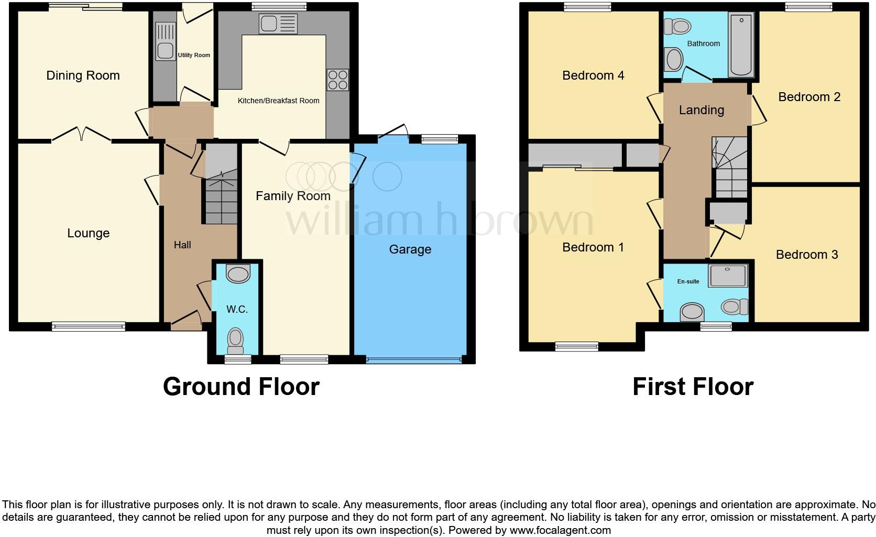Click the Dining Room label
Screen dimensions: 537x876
click(83, 75)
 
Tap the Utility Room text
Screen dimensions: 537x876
click(194, 55)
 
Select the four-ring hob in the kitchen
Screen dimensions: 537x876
click(337, 80)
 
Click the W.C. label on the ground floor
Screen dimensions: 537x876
click(237, 310)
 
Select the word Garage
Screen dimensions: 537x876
click(410, 249)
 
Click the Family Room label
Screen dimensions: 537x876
click(293, 196)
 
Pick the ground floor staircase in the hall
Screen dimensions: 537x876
click(221, 194)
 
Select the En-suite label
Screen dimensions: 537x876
click(688, 281)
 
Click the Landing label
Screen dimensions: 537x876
click(701, 110)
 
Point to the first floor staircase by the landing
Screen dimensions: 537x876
click(730, 168)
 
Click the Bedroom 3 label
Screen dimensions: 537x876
click(806, 255)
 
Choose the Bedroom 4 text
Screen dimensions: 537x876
click(593, 75)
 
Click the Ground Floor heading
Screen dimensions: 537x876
click(241, 387)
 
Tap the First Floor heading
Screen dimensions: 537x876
click(693, 387)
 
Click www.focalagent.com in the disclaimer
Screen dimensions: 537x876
click(560, 530)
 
